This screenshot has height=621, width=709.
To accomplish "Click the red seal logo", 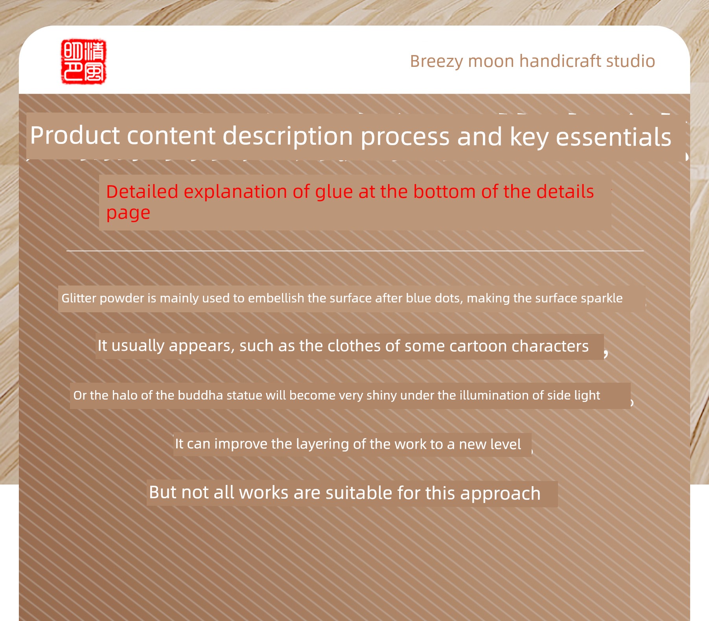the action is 84,61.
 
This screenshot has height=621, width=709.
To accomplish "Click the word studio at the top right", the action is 631,61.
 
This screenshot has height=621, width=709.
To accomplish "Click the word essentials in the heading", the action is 613,137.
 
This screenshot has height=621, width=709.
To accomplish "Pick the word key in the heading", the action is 529,138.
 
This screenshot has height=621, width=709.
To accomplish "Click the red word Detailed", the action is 142,192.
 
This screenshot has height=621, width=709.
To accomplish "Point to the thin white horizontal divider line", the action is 355,251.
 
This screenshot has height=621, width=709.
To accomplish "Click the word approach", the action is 501,494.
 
